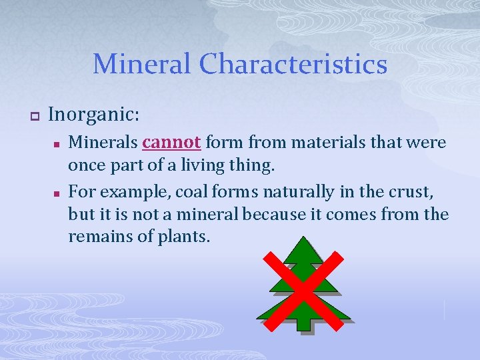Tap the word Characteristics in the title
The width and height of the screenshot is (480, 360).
coord(293,64)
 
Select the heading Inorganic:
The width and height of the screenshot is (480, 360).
coord(94,115)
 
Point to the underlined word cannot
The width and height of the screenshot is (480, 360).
coord(171,143)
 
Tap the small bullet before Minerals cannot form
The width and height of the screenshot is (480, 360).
coord(57,143)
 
